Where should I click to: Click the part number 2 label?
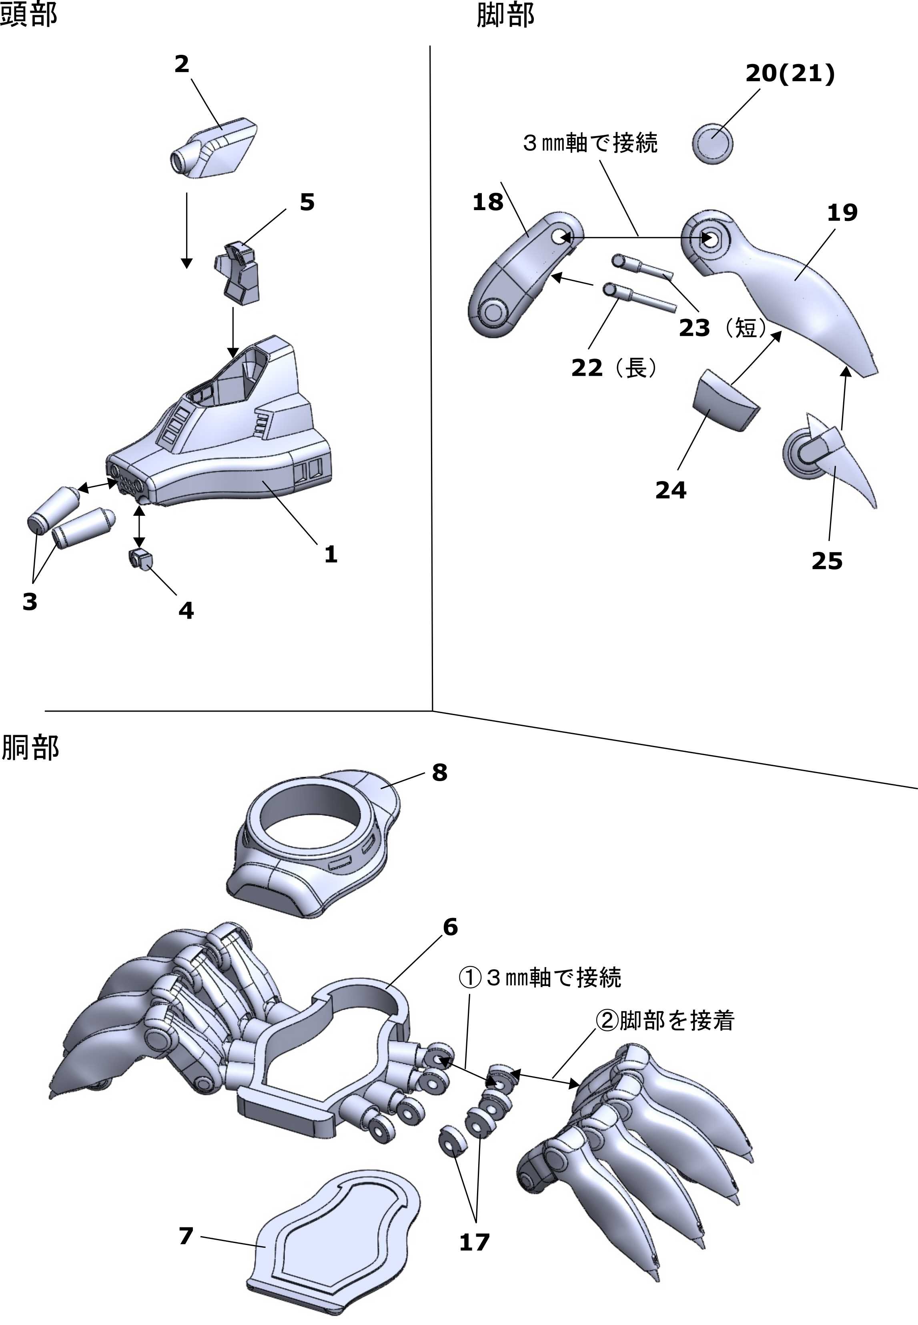pyautogui.click(x=182, y=64)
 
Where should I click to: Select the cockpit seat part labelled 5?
pyautogui.click(x=238, y=272)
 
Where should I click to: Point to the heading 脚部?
pyautogui.click(x=505, y=14)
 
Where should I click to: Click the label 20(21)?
pyautogui.click(x=790, y=74)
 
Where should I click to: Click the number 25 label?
pyautogui.click(x=826, y=561)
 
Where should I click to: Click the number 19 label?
pyautogui.click(x=842, y=213)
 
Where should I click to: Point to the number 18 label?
pyautogui.click(x=488, y=202)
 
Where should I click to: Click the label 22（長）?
pyautogui.click(x=614, y=368)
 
